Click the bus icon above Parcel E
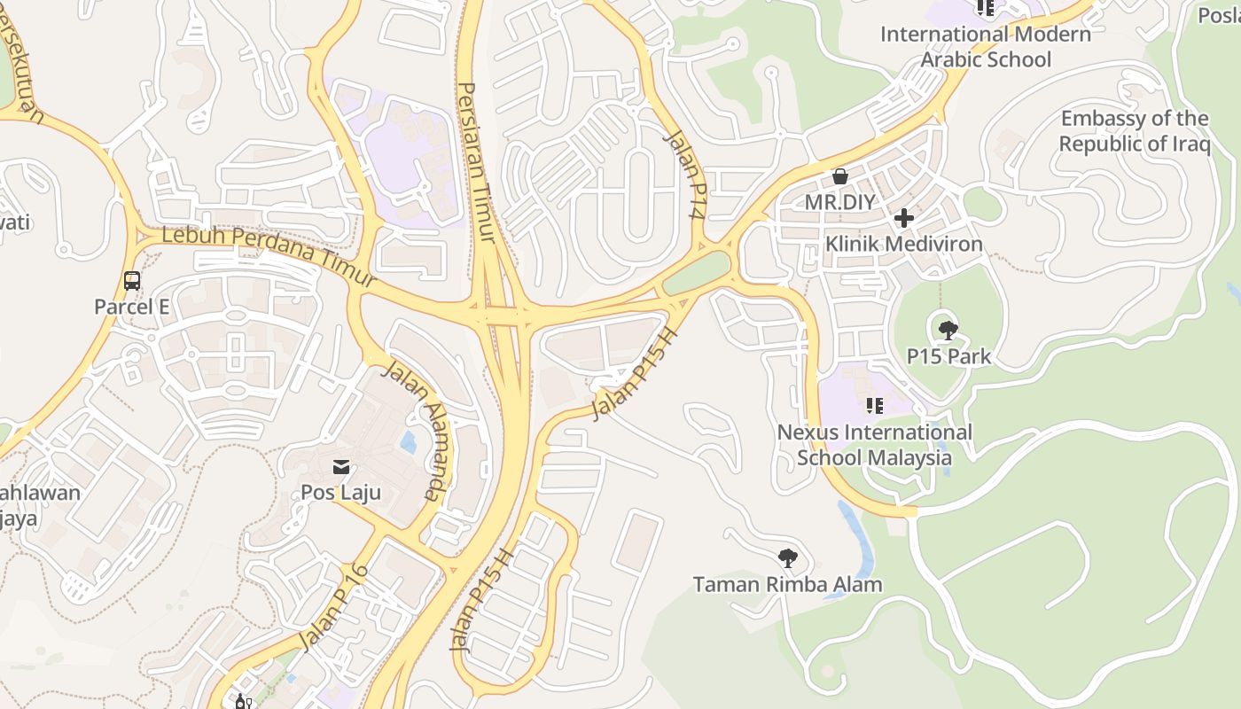pyautogui.click(x=132, y=281)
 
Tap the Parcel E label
pyautogui.click(x=132, y=307)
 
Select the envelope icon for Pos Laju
pyautogui.click(x=341, y=467)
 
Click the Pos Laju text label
pyautogui.click(x=341, y=492)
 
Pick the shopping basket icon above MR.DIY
pyautogui.click(x=840, y=177)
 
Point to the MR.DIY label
pyautogui.click(x=840, y=202)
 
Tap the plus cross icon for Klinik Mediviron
pyautogui.click(x=904, y=218)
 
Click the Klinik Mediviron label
pyautogui.click(x=904, y=244)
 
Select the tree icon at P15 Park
pyautogui.click(x=948, y=331)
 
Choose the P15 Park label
pyautogui.click(x=948, y=357)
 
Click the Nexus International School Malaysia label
pyautogui.click(x=875, y=445)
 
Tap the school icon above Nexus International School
pyautogui.click(x=875, y=407)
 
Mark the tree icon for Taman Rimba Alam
pyautogui.click(x=787, y=558)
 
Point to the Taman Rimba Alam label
pyautogui.click(x=788, y=585)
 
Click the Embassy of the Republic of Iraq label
pyautogui.click(x=1135, y=131)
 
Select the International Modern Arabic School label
pyautogui.click(x=986, y=47)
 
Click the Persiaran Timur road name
pyautogui.click(x=477, y=161)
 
